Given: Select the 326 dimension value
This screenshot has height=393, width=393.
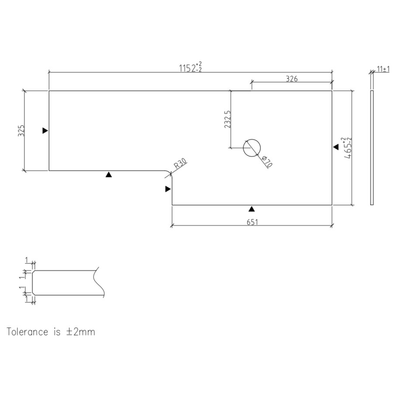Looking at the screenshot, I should (x=292, y=79).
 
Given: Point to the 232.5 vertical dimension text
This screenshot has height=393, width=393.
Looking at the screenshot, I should (x=227, y=119).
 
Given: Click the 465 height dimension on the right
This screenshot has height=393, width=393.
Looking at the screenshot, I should (x=348, y=147).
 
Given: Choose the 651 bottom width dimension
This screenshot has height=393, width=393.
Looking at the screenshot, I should (x=252, y=222).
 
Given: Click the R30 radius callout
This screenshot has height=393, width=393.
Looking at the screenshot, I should (x=180, y=165).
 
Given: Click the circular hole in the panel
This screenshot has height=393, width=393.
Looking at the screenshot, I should (x=252, y=148).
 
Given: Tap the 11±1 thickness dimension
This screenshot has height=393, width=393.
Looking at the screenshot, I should (x=383, y=69).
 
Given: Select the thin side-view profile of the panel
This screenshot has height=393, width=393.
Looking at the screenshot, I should (x=372, y=148).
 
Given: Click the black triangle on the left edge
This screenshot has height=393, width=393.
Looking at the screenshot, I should (x=45, y=131).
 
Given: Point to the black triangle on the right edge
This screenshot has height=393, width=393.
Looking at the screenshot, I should (x=336, y=147).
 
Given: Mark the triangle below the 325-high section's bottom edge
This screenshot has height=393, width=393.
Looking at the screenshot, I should (x=109, y=175).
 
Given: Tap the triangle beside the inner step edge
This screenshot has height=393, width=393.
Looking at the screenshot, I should (x=168, y=189).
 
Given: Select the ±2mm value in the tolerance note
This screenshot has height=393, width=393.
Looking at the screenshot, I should (x=80, y=331).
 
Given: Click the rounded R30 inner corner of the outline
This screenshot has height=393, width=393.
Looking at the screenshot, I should (x=169, y=173).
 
